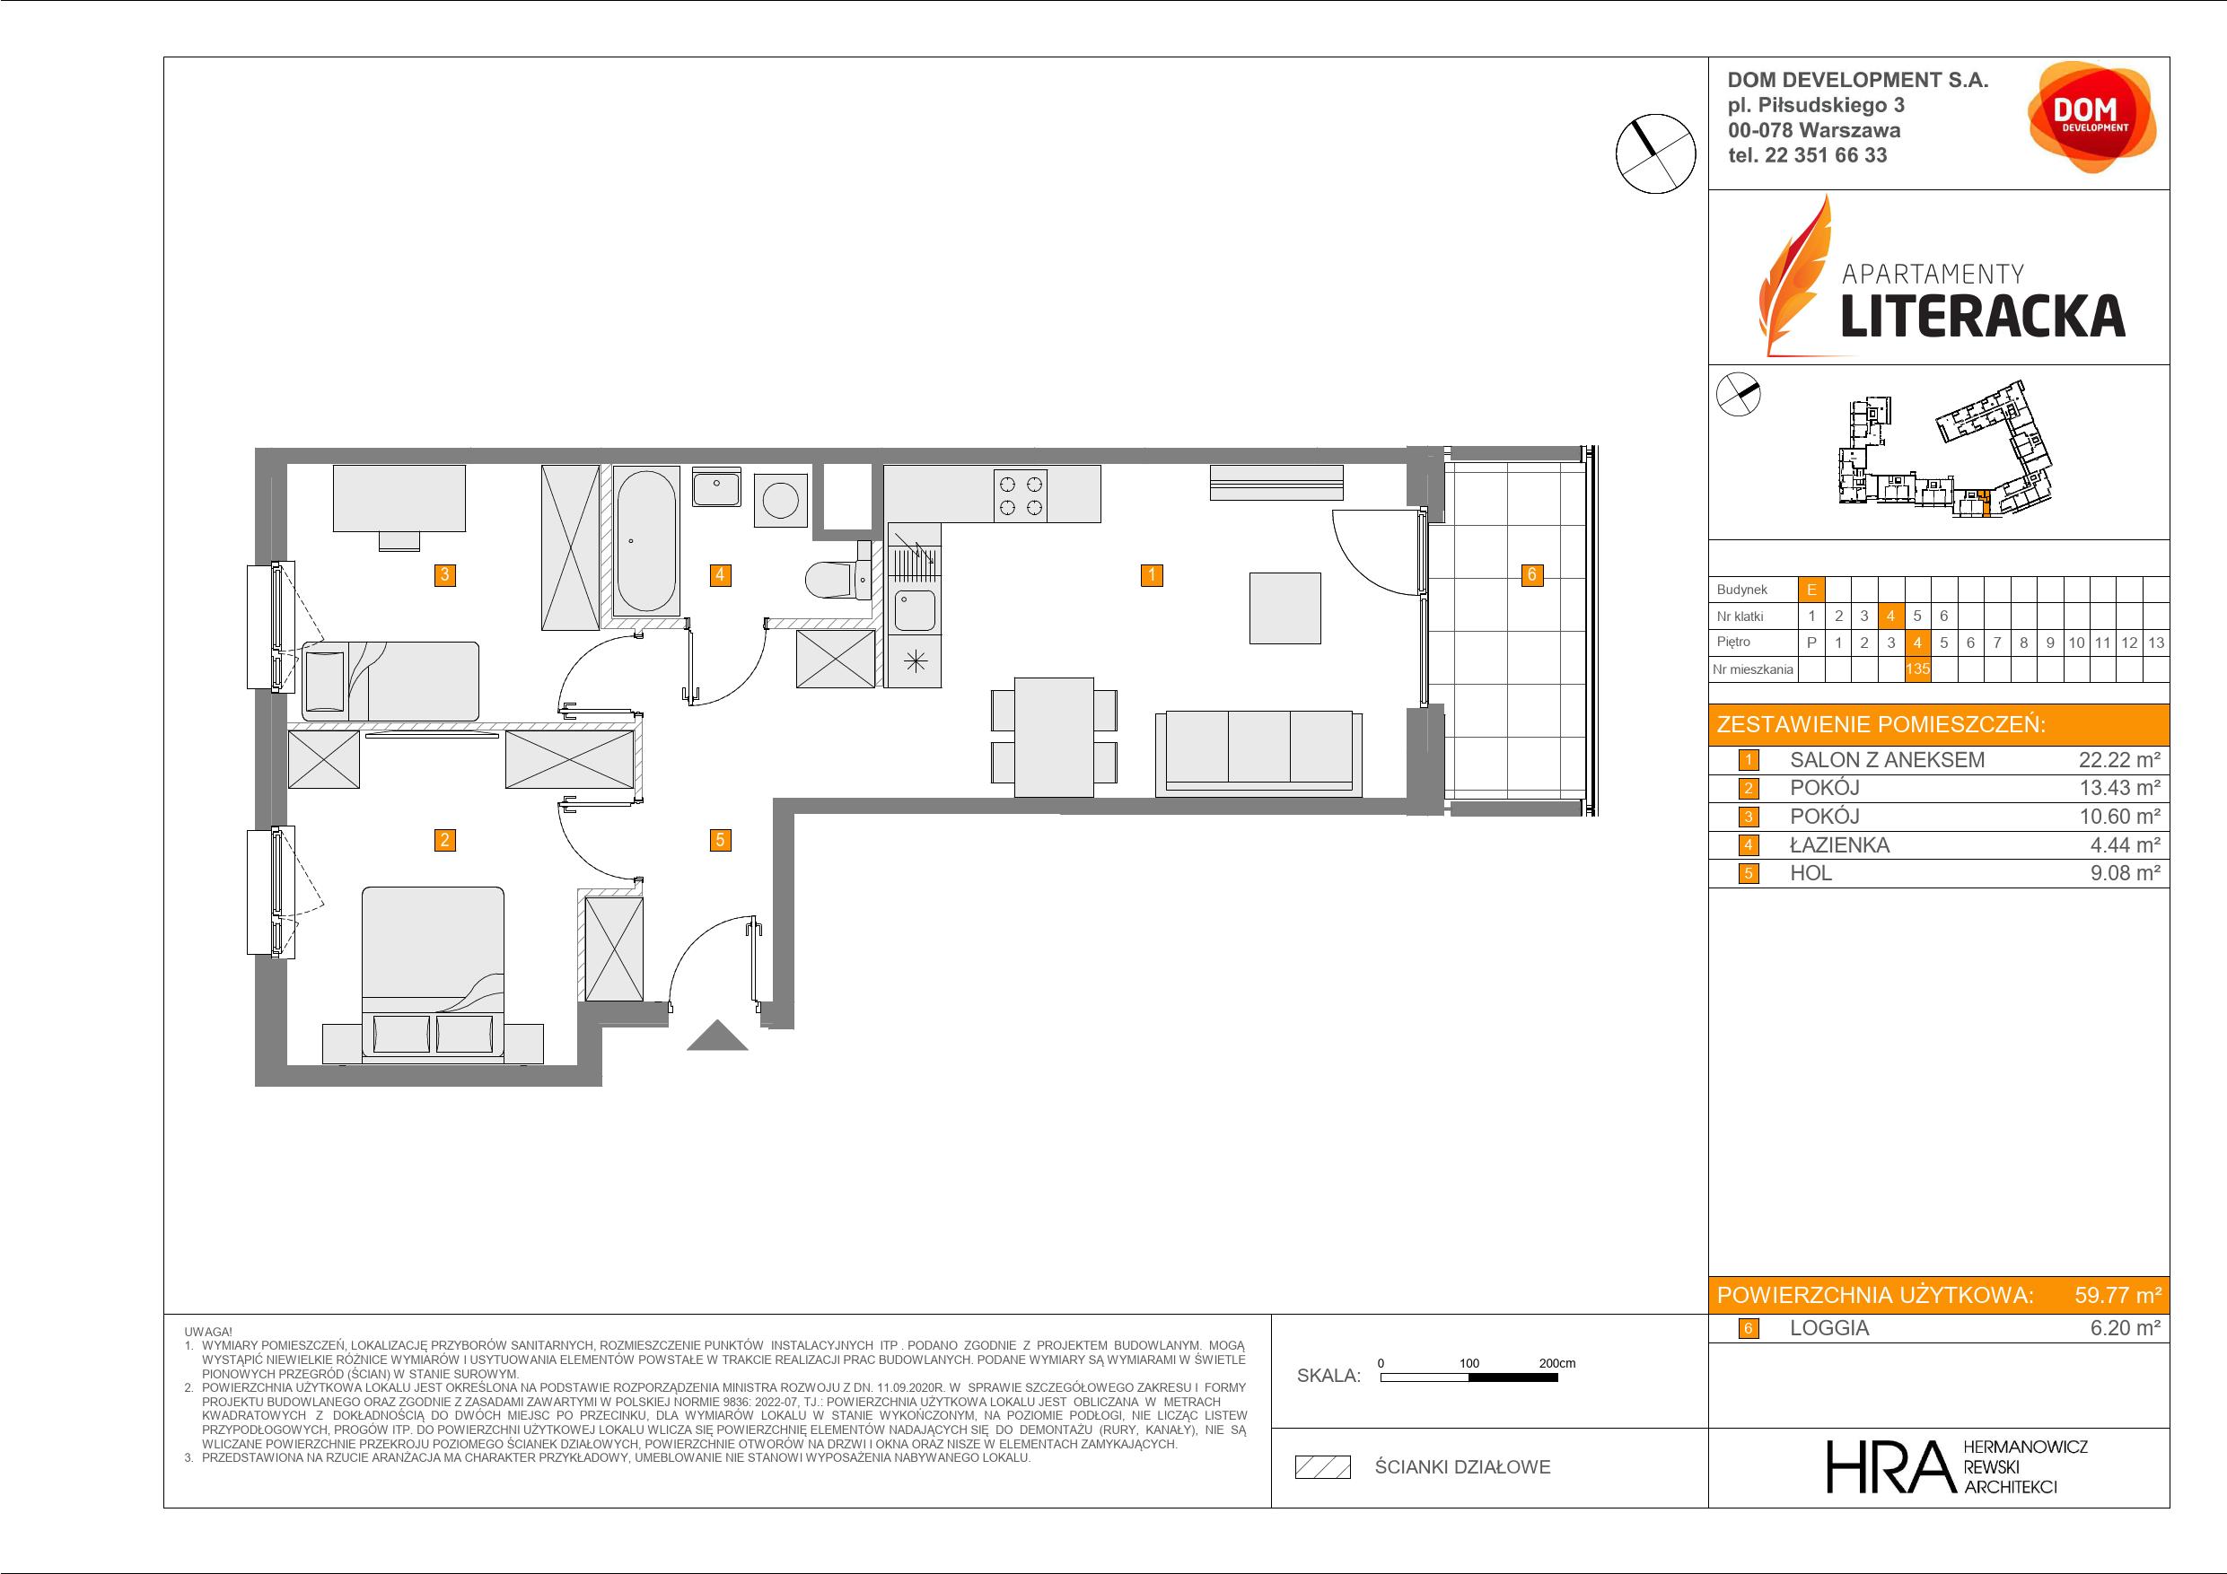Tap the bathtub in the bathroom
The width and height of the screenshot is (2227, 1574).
646,541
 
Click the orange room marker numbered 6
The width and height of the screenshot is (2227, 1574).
1531,575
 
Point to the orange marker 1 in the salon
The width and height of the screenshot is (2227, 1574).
1152,575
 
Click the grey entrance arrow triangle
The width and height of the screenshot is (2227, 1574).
717,1036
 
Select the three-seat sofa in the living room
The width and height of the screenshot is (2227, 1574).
1258,754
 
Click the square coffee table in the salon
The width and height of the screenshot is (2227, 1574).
1285,608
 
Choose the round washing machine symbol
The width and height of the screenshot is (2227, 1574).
781,501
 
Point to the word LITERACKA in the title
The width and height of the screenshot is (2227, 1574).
1983,317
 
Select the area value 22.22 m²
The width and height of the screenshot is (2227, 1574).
2119,760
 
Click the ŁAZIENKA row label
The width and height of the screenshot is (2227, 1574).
1839,844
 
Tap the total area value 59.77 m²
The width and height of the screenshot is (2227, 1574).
2117,1295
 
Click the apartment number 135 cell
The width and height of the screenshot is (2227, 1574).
1916,669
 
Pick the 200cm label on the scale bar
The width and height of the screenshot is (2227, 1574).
1556,1363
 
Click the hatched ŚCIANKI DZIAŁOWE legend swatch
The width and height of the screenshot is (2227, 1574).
1323,1467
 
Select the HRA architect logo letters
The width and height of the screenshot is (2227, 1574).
1889,1466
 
